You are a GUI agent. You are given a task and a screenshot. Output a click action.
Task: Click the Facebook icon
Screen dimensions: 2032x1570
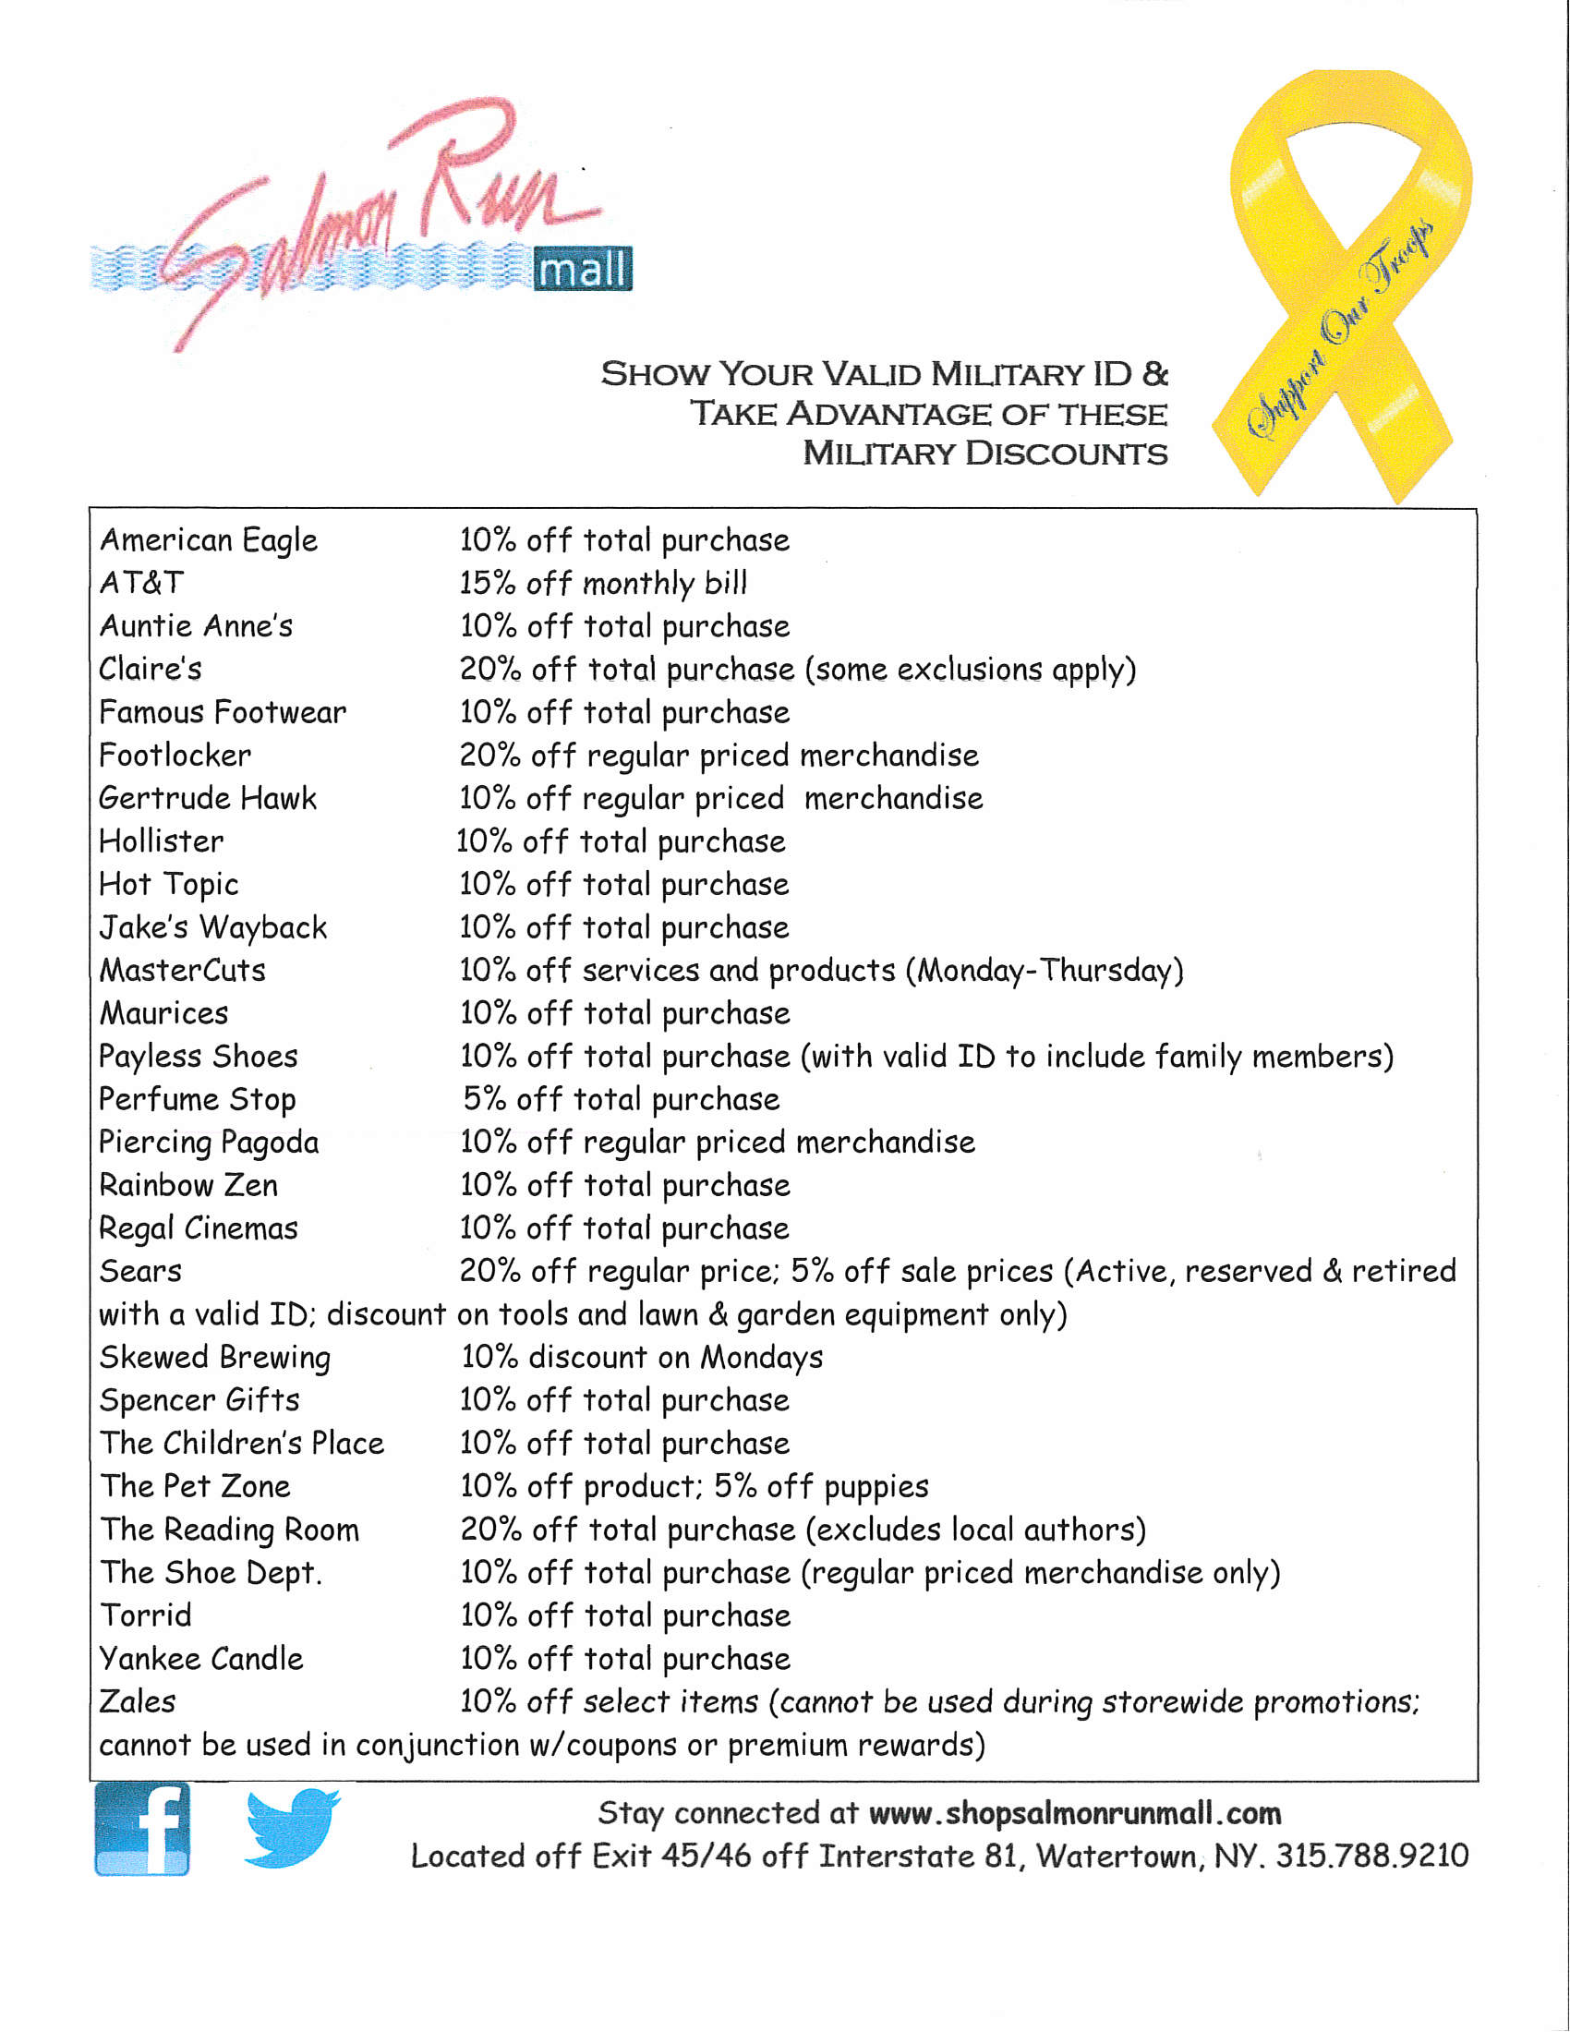pos(142,1829)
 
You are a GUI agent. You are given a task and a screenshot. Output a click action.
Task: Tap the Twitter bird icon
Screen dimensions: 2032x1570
pos(291,1827)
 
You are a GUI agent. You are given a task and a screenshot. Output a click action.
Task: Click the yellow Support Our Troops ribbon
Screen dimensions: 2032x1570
pos(1342,279)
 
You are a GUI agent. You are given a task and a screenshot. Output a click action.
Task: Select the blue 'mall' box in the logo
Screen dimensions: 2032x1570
pos(582,270)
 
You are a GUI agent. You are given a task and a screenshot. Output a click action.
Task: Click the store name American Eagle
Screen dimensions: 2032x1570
pos(209,540)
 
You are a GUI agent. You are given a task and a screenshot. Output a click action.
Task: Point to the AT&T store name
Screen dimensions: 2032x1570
pos(141,584)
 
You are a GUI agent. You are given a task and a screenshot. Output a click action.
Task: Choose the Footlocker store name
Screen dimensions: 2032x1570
pos(175,756)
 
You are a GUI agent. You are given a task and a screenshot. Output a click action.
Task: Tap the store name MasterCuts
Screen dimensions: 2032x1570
pos(182,971)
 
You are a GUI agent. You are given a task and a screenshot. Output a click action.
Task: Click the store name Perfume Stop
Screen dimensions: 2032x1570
pos(198,1100)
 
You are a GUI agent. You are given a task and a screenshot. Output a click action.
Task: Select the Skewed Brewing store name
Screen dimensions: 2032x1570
pos(215,1358)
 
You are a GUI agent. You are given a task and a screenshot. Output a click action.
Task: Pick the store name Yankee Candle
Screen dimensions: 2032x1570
pos(201,1659)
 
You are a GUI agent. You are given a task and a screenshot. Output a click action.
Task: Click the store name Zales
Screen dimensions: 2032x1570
pos(138,1701)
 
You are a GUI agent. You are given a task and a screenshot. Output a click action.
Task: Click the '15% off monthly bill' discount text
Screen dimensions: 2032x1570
pos(604,584)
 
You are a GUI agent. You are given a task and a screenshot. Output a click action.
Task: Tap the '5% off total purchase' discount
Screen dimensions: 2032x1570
pos(622,1100)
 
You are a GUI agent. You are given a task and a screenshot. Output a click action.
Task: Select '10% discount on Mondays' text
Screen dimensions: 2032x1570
pos(642,1358)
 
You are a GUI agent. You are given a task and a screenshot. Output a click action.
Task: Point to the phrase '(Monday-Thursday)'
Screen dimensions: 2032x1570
pos(1045,971)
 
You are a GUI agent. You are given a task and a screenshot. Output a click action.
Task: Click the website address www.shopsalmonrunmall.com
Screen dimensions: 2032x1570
pos(1074,1813)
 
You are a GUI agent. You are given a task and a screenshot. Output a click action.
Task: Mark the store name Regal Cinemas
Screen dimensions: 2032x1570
pos(199,1229)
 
